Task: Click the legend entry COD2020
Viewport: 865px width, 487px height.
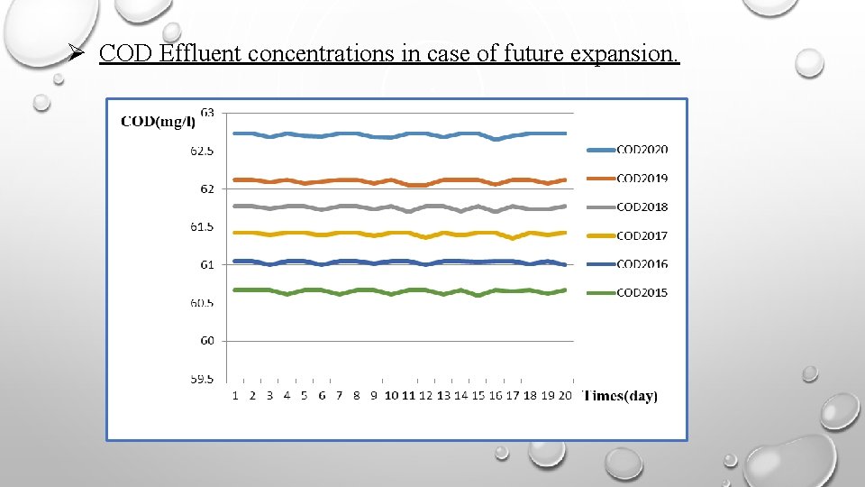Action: pos(642,150)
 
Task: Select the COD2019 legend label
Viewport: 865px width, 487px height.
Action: pos(642,179)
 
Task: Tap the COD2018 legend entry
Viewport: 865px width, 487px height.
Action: pos(642,207)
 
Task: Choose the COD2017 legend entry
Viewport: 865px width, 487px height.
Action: pos(642,235)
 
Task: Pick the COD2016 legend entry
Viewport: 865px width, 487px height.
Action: pos(642,264)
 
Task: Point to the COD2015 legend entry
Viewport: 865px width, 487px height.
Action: pos(642,292)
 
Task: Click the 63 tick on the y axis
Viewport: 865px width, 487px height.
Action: pos(207,113)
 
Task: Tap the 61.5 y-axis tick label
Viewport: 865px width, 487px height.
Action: pos(202,227)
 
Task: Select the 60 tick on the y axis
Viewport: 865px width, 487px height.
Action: pos(207,341)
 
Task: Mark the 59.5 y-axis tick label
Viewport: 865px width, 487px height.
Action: pos(202,380)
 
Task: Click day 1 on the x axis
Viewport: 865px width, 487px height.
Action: pos(235,396)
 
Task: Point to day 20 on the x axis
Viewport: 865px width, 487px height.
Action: pos(565,396)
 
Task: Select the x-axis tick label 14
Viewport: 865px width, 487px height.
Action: pos(460,396)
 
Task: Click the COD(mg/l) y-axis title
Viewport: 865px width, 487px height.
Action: pos(158,123)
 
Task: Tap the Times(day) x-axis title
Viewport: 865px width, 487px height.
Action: pos(621,396)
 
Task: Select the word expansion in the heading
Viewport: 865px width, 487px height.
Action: pos(624,54)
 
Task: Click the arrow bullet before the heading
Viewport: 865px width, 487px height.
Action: pos(79,53)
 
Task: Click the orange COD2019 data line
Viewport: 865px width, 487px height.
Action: pos(360,180)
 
